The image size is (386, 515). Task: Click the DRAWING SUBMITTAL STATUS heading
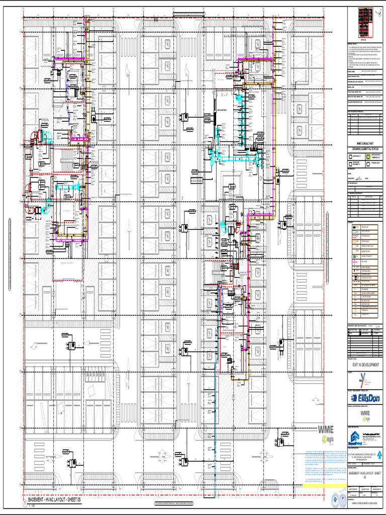[365, 149]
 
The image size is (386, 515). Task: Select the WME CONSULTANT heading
[365, 144]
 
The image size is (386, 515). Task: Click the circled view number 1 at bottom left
[24, 501]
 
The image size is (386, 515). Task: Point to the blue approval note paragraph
[324, 465]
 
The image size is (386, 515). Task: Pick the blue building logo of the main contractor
[355, 437]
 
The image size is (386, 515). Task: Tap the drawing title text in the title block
[365, 475]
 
